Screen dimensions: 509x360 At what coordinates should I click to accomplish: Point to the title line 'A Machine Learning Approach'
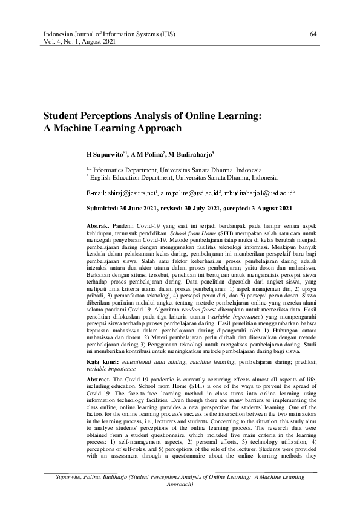[x=112, y=128]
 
